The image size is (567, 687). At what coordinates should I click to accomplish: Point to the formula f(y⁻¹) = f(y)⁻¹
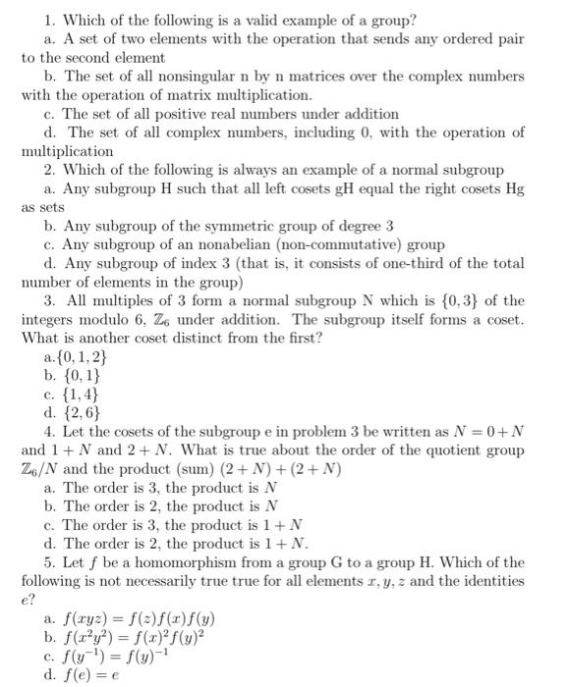pyautogui.click(x=118, y=656)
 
